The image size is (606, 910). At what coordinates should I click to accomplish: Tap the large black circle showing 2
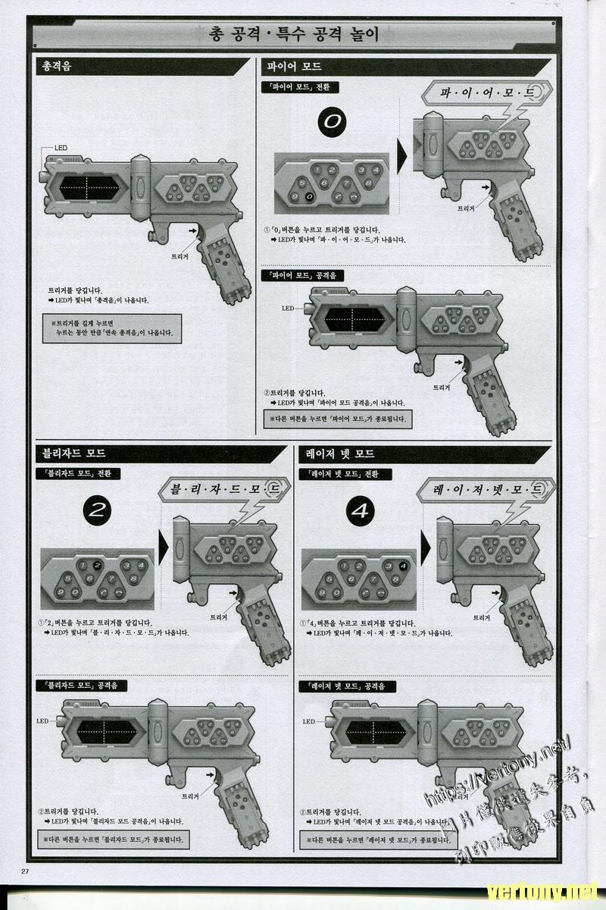click(x=96, y=510)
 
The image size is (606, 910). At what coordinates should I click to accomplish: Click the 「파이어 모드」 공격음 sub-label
click(x=302, y=276)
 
